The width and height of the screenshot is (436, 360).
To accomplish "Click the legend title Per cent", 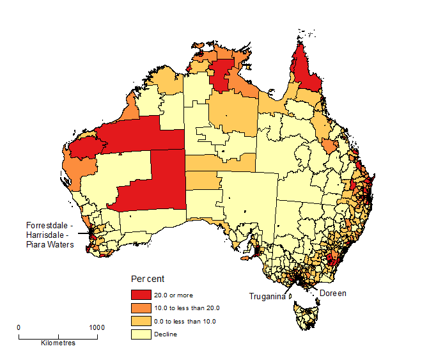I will click(x=147, y=279).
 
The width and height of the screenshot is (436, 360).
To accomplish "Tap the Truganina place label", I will click(x=267, y=297).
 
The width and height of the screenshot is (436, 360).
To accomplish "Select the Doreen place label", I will click(x=332, y=293).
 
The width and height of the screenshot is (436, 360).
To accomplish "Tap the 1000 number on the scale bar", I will click(x=97, y=327).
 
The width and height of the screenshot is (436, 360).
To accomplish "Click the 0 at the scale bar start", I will click(x=19, y=327).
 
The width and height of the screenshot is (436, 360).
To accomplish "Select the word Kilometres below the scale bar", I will click(x=58, y=343).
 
